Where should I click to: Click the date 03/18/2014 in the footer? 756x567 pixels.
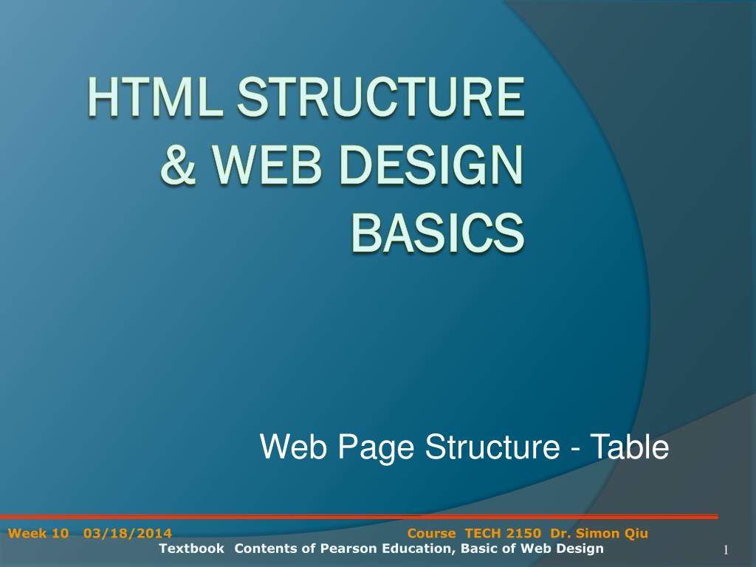click(128, 534)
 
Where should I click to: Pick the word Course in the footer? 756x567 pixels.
click(432, 534)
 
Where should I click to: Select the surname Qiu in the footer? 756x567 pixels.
click(636, 534)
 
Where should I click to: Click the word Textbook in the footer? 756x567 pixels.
click(191, 549)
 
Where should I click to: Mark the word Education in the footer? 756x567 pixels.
click(417, 549)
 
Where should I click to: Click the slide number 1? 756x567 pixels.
click(726, 551)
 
